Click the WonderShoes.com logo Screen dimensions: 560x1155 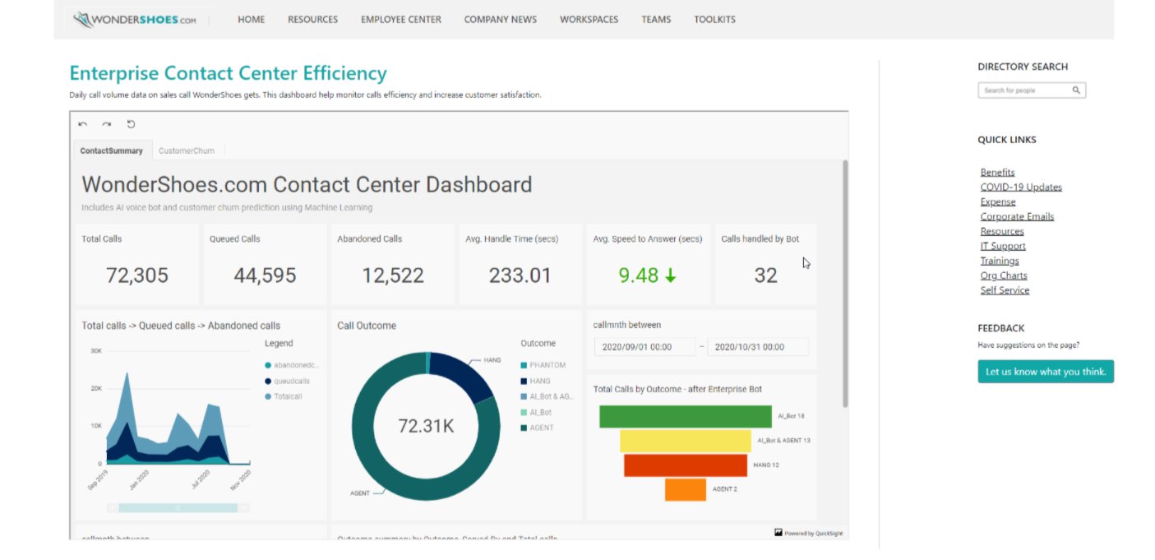coord(135,19)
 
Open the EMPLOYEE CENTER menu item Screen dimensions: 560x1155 coord(400,19)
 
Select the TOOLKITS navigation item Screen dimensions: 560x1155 coord(714,19)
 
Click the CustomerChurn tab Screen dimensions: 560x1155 coord(187,150)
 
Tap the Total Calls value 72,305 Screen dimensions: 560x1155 coord(137,275)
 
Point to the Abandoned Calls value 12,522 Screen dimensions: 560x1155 coord(393,275)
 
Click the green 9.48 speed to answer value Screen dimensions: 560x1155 coord(639,275)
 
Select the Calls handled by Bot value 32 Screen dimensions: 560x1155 coord(765,275)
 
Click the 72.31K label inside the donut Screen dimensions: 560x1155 coord(426,426)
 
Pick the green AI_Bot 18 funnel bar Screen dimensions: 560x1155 coord(685,417)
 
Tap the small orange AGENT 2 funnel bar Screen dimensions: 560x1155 coord(685,489)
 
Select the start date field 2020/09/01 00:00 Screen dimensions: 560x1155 coord(644,347)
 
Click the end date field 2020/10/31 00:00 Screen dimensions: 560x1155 coord(757,347)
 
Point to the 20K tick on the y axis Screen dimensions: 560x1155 coord(96,388)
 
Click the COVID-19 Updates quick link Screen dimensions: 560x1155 coord(1021,187)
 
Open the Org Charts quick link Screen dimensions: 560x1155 coord(1004,275)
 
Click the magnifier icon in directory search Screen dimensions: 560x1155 coord(1076,90)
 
